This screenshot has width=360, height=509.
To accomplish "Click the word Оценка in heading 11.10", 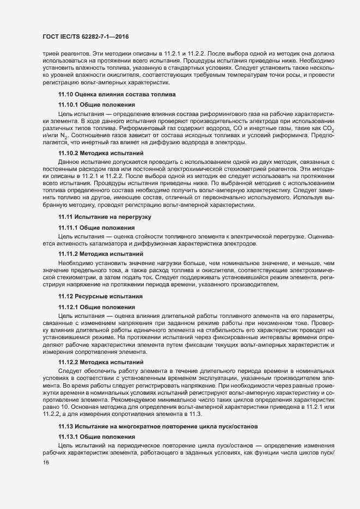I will click(87, 95).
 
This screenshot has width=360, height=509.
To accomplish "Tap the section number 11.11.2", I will click(69, 254).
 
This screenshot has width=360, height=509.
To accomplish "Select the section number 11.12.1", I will click(69, 307).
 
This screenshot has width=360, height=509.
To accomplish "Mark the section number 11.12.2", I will click(69, 361).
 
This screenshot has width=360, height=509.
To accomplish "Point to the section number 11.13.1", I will click(69, 437).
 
